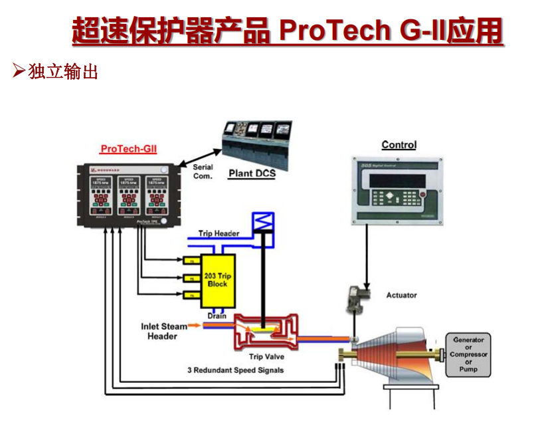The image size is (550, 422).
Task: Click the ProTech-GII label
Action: click(129, 150)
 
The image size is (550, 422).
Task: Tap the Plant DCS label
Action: click(252, 174)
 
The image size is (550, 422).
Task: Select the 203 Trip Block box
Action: click(217, 280)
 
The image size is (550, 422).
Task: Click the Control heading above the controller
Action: click(399, 145)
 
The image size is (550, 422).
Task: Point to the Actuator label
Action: click(401, 295)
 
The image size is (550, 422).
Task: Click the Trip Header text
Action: click(219, 234)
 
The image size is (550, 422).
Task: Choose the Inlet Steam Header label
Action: click(163, 331)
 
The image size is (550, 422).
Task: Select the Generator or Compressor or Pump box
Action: click(468, 354)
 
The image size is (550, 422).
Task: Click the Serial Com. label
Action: click(203, 171)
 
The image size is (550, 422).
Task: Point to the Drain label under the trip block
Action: click(217, 316)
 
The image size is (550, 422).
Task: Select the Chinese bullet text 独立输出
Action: click(63, 71)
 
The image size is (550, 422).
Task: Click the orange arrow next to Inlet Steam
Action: click(195, 326)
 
